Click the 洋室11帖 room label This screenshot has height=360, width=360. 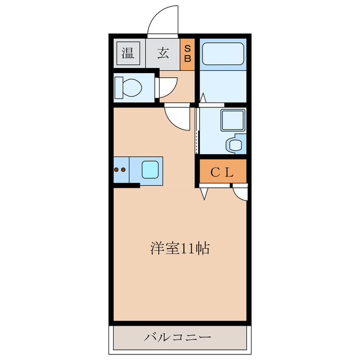pyautogui.click(x=179, y=248)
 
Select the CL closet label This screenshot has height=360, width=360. pyautogui.click(x=222, y=173)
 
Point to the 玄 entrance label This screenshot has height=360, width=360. pyautogui.click(x=163, y=53)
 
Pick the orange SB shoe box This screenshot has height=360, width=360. pyautogui.click(x=188, y=54)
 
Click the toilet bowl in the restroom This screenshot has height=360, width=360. pyautogui.click(x=129, y=88)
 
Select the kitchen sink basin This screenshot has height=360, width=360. pyautogui.click(x=150, y=169)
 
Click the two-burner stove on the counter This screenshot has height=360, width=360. pyautogui.click(x=121, y=169)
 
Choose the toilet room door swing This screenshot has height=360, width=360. pyautogui.click(x=166, y=87)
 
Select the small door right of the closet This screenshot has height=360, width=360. pyautogui.click(x=240, y=193)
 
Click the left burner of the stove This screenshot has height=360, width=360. pyautogui.click(x=116, y=169)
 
